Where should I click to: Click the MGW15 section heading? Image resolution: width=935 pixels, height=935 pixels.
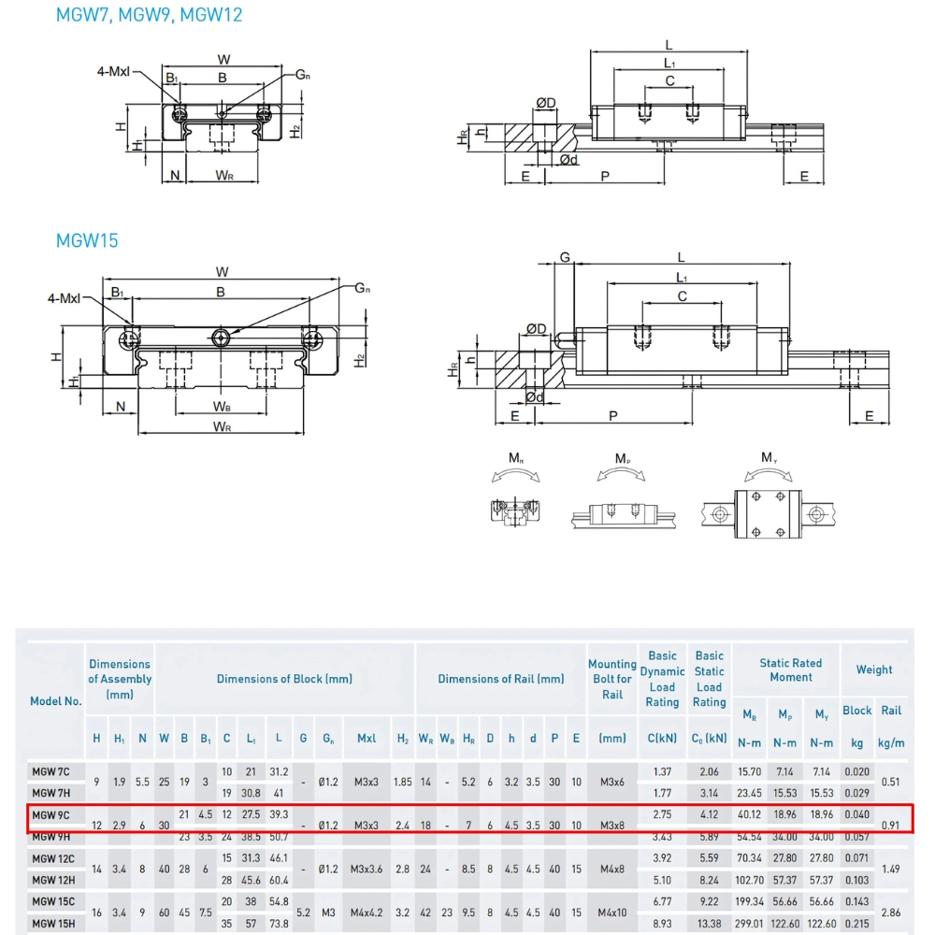pos(87,240)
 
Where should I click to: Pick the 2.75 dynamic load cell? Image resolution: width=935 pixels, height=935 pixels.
pos(662,814)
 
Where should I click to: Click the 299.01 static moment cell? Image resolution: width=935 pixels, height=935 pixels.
pos(749,923)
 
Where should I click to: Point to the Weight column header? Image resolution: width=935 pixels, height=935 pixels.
pos(874,669)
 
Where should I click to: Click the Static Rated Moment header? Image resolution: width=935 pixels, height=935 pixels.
pos(791,669)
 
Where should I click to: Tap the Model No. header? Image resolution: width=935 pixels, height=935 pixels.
pos(57,700)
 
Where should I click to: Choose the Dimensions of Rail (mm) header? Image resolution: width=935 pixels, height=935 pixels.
pos(501,679)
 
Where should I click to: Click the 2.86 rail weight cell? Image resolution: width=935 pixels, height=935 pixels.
pos(892,913)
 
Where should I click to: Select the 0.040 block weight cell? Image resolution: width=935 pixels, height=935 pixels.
pos(856,814)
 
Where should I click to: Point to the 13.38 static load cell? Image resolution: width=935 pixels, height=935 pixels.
pos(709,923)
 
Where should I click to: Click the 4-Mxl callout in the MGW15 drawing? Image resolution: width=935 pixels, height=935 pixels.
pos(64,298)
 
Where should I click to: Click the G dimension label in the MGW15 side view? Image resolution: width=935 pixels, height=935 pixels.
pos(565,257)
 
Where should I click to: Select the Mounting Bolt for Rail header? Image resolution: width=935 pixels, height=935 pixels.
pos(611,679)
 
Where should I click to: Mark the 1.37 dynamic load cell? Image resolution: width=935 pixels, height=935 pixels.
pos(662,770)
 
